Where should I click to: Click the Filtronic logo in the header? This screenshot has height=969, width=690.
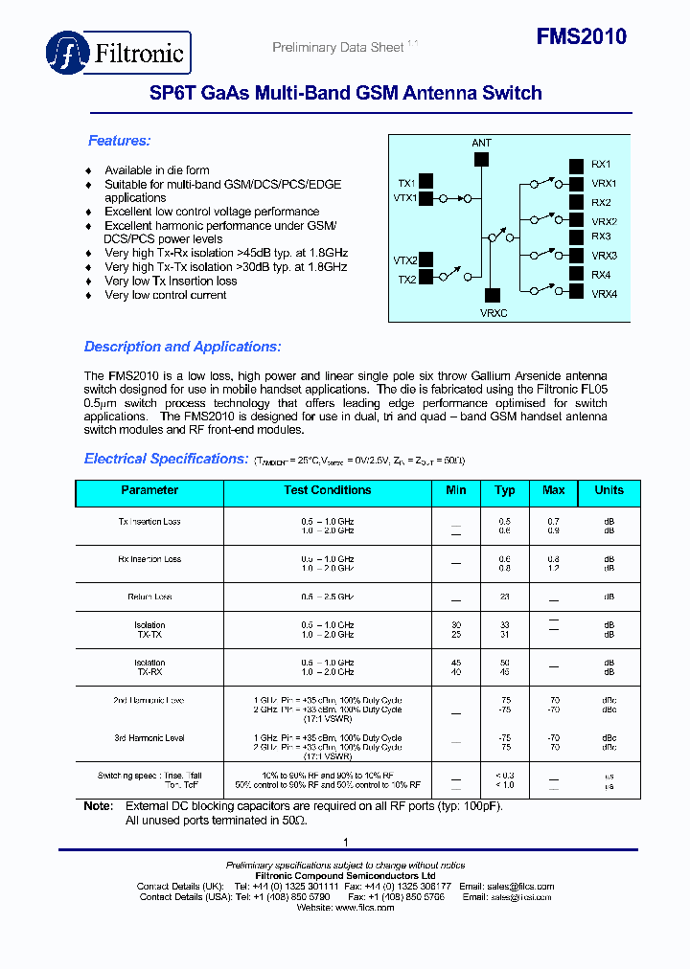coord(119,53)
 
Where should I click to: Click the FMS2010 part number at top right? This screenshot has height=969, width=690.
coord(581,37)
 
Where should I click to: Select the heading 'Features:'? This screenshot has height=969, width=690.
coord(119,141)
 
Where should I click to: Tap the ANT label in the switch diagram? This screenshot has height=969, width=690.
coord(481,143)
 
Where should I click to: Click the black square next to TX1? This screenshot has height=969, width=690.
coord(425,181)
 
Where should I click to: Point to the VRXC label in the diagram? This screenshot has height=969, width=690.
coord(493,312)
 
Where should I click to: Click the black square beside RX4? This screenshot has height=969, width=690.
coord(576,275)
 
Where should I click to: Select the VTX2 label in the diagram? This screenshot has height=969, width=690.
coord(404,260)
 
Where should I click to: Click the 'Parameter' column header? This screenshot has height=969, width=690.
coord(149,490)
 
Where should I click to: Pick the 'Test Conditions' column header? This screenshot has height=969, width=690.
coord(327,490)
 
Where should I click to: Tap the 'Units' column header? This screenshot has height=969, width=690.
coord(609,490)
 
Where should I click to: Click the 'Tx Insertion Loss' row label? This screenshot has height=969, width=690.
coord(149,522)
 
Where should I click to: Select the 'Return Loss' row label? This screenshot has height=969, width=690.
coord(149,597)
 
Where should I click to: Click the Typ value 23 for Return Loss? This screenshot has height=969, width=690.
coord(505,597)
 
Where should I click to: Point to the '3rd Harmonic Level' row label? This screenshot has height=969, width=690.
coord(149,738)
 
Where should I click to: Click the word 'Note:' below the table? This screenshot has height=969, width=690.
coord(98,806)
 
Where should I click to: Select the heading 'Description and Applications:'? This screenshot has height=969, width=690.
coord(182,347)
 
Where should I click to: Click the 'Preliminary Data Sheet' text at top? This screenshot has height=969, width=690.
coord(337,48)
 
